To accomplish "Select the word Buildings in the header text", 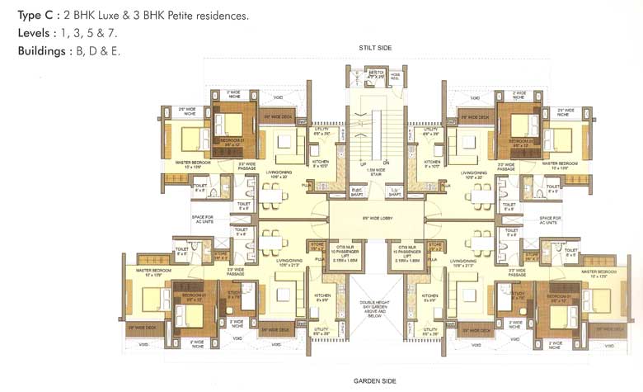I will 43,51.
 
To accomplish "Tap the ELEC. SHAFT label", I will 357,192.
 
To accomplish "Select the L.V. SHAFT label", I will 395,192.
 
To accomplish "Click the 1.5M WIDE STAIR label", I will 375,172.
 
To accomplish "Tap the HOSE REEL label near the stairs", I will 395,77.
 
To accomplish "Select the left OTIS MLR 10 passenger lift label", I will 346,251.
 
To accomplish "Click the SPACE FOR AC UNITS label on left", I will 203,220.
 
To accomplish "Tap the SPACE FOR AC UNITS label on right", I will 547,220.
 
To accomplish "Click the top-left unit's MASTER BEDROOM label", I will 193,164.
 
